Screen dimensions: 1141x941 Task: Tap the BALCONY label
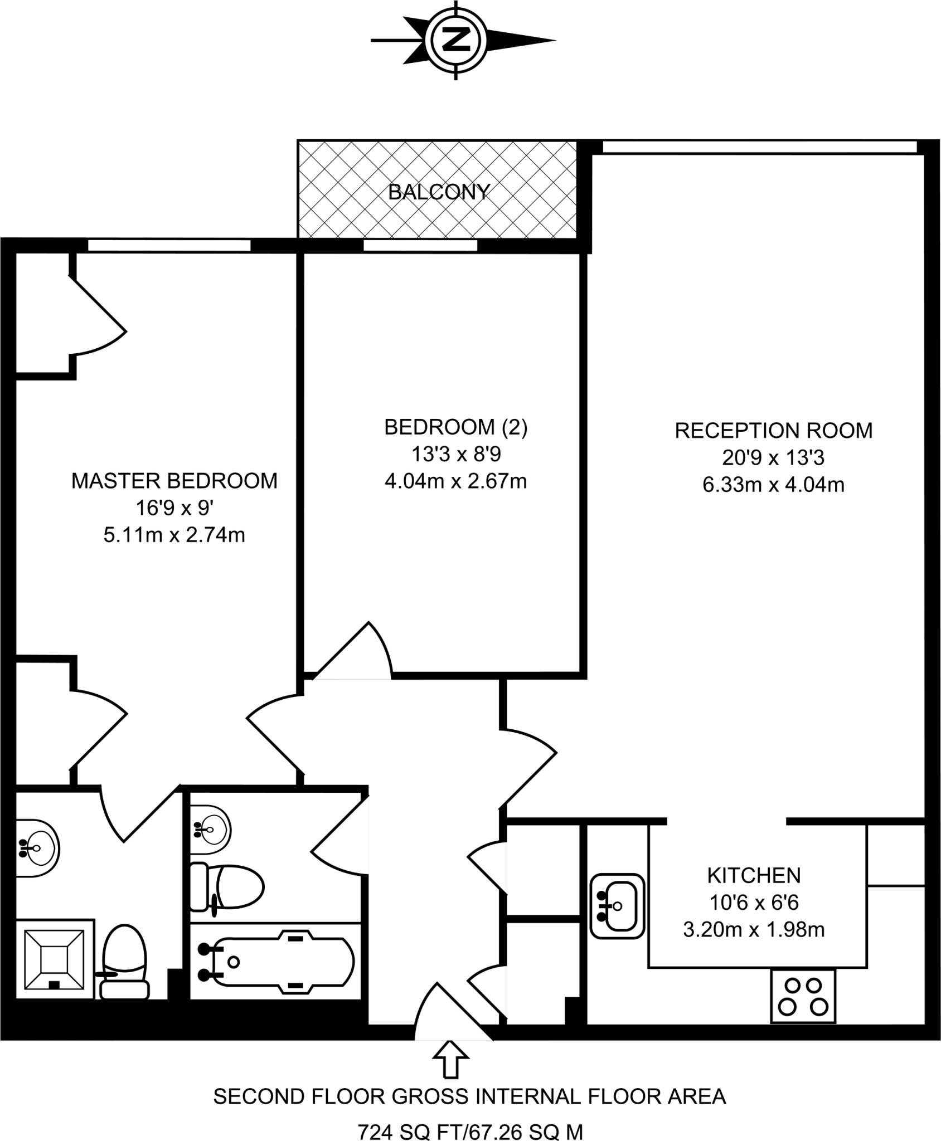click(439, 192)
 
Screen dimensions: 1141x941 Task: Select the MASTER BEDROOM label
click(174, 481)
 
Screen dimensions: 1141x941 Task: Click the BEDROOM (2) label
click(455, 427)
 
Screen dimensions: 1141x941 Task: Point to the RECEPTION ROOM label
click(773, 431)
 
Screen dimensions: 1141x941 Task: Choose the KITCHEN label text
click(754, 875)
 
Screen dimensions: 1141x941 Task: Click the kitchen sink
click(617, 906)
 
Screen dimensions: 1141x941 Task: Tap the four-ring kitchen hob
click(803, 996)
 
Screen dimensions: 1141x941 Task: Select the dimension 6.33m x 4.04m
click(773, 485)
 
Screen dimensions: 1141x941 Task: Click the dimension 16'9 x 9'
click(174, 508)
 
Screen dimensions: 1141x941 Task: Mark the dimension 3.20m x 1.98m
click(754, 929)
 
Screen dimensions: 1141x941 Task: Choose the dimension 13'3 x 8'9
click(455, 454)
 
